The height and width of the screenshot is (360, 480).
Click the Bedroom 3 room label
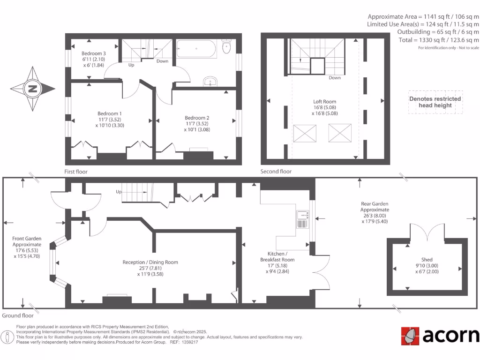click(x=93, y=53)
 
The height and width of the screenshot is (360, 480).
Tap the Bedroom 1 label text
click(x=110, y=113)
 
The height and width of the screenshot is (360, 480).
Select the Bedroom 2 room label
click(x=197, y=118)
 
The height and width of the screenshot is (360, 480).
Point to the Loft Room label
click(x=325, y=101)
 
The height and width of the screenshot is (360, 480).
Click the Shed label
click(x=427, y=260)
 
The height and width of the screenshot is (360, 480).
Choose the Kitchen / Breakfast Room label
click(x=277, y=256)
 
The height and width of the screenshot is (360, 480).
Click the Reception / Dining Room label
click(x=150, y=262)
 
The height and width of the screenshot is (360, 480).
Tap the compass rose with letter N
click(x=32, y=89)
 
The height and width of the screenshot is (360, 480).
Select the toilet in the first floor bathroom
click(x=227, y=46)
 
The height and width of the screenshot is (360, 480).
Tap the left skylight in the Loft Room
click(x=303, y=133)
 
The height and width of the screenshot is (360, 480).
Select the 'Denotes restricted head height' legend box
click(x=435, y=102)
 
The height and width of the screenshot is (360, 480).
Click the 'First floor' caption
click(x=76, y=172)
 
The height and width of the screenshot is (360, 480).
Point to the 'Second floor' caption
click(x=276, y=172)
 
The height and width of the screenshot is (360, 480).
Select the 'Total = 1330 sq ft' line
click(x=439, y=40)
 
